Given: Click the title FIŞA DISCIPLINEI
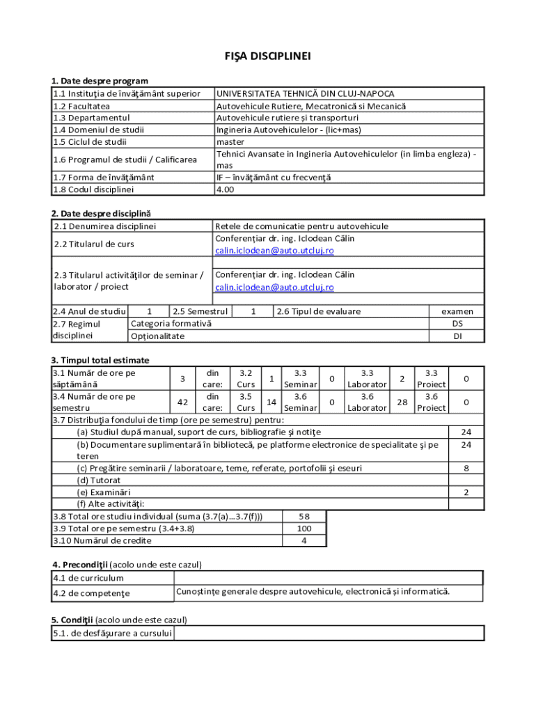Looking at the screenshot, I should (267, 57).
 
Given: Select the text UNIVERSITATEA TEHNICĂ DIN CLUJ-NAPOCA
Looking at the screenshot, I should (305, 94).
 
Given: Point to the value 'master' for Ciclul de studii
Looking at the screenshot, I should (230, 141).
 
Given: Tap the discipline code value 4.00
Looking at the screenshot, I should (225, 189).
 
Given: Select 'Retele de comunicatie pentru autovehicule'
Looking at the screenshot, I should (301, 226).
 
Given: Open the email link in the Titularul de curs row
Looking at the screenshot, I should (274, 251).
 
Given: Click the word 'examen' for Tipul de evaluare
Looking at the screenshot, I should (457, 312).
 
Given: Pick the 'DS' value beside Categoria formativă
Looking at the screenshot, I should (457, 324).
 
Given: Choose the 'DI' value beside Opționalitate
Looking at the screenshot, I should (457, 336).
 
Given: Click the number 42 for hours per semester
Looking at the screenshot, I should (182, 402).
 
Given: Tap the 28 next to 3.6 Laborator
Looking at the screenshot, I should (401, 402).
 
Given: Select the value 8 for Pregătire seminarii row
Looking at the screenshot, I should (466, 469).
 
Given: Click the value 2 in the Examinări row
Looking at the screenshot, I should (466, 492).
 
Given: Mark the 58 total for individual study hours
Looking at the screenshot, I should (304, 517).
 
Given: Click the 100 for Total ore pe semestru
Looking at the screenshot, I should (304, 528).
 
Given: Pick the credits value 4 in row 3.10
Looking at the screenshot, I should (304, 540).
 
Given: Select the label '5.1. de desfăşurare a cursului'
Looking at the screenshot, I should (112, 633).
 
